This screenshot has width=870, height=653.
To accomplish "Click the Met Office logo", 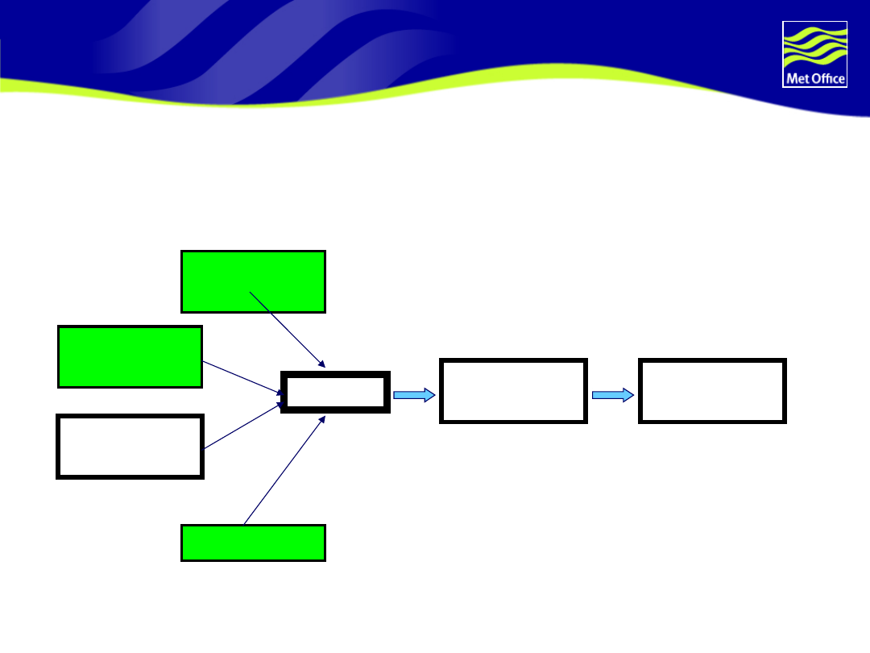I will [x=814, y=54].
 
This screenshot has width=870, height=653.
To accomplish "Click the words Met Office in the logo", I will [x=814, y=78].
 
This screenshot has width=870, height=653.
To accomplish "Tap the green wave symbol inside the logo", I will [x=814, y=46].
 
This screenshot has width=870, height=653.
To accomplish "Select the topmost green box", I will [x=253, y=281].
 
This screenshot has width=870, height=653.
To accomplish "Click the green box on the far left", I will [x=130, y=356].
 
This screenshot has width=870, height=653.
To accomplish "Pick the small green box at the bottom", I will [x=253, y=543].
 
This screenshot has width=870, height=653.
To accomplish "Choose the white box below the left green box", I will [x=130, y=447].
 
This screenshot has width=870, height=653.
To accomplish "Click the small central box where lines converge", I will [x=335, y=393].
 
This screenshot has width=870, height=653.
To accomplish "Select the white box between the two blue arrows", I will [x=513, y=391].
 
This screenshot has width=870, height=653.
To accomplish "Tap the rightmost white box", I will [x=712, y=391].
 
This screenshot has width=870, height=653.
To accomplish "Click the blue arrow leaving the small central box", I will [x=414, y=395].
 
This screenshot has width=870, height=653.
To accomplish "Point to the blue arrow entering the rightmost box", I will [x=613, y=395].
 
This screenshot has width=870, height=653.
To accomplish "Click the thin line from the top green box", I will [x=286, y=329].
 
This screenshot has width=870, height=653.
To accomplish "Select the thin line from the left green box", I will [x=242, y=377].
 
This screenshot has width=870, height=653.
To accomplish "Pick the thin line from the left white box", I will [x=242, y=426].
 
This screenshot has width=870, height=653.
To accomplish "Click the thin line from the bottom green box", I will [x=282, y=472].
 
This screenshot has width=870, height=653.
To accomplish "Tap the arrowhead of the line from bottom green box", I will [x=322, y=419].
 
